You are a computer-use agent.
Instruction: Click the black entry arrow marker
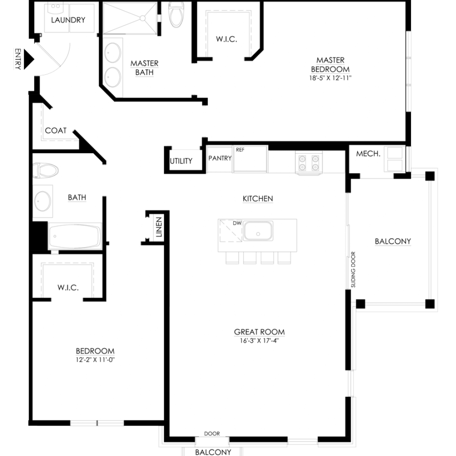point(28,59)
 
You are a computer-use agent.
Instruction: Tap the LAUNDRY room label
point(68,20)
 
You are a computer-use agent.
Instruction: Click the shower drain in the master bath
point(142,18)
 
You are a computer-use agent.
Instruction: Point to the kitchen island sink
point(258,231)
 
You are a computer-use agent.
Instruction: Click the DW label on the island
point(237,223)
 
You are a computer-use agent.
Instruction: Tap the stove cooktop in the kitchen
point(309,163)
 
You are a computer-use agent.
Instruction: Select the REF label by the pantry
point(240,150)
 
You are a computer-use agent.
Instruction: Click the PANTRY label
point(220,158)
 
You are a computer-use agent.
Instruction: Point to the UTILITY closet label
point(181,161)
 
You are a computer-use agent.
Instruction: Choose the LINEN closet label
point(159,227)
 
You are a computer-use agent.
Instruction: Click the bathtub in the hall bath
point(75,236)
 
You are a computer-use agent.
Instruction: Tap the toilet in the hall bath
point(45,170)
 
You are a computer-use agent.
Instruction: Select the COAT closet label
point(56,130)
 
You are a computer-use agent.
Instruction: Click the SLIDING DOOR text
point(353,269)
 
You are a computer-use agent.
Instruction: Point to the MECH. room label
point(368,154)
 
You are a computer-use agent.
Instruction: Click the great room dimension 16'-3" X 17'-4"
point(260,341)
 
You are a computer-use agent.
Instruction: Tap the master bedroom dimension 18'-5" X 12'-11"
point(330,78)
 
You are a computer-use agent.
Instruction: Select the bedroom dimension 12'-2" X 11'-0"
point(95,360)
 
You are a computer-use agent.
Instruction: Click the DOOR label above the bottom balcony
point(212,434)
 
